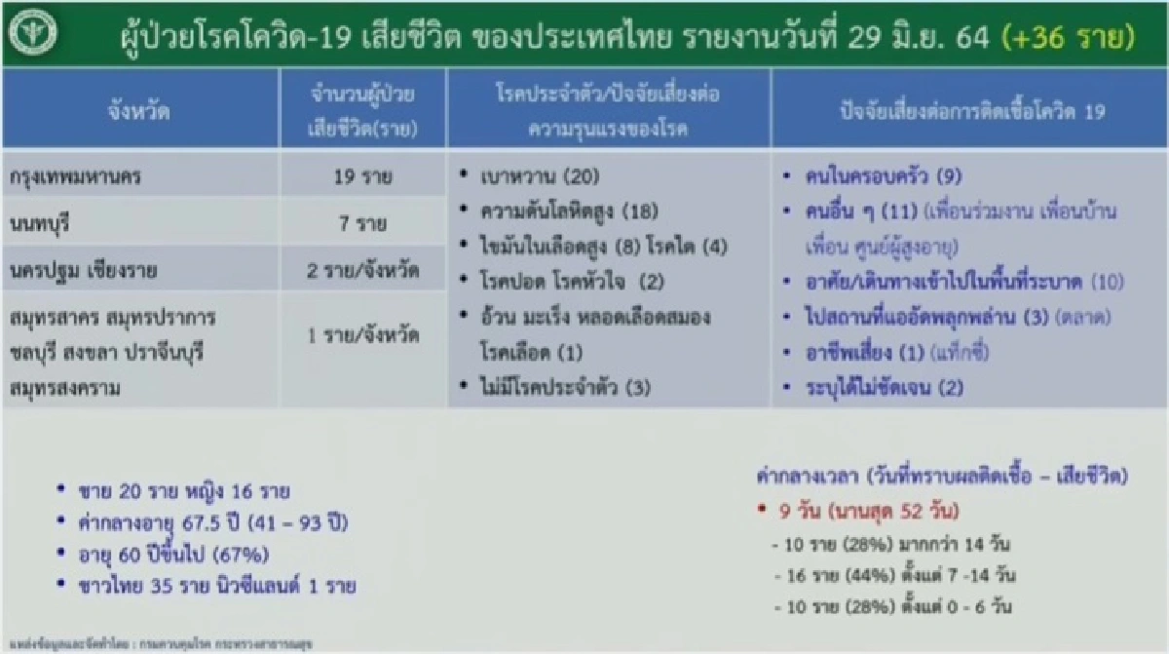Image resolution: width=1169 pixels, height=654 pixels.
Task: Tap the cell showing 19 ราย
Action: [362, 178]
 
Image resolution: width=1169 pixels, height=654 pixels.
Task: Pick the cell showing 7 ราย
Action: [362, 224]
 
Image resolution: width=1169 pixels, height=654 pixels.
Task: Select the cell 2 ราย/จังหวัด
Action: [362, 270]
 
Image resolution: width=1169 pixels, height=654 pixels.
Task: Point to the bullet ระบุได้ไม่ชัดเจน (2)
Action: [885, 388]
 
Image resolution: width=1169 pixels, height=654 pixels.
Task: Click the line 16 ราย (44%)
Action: [891, 574]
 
